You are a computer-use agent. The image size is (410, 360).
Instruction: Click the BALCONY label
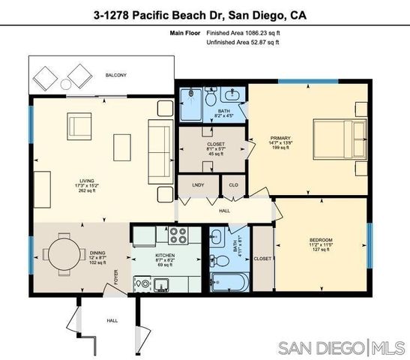tap(115, 75)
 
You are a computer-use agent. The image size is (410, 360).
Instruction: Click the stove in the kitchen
tap(178, 236)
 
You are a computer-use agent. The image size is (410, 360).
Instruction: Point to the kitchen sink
tap(142, 284)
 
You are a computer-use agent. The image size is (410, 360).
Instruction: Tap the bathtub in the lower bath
tap(229, 283)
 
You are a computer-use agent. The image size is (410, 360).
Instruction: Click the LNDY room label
tap(199, 184)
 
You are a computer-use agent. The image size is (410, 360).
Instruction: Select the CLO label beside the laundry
tap(233, 184)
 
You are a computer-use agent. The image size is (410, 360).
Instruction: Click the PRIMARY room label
tap(280, 138)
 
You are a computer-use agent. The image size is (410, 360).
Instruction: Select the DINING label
tap(98, 253)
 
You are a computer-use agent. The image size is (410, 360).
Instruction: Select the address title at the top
tap(205, 14)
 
